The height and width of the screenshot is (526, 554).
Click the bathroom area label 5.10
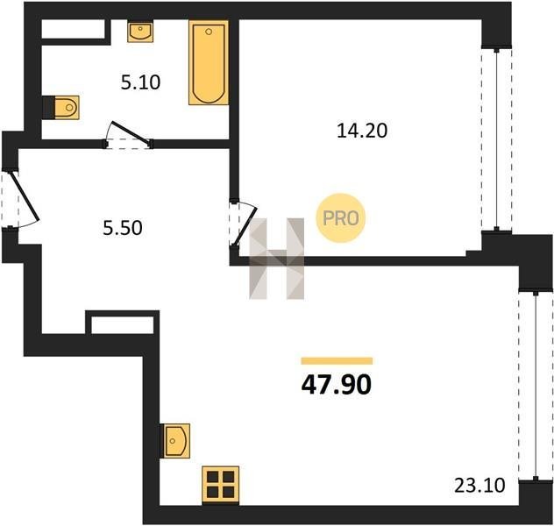click(140, 82)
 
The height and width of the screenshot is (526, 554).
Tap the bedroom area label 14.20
click(362, 131)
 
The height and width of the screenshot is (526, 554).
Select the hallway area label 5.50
click(123, 228)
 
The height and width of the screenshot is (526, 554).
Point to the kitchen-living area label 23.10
click(479, 486)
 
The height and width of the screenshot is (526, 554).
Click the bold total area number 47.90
click(337, 385)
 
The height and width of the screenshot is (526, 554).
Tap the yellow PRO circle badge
click(341, 218)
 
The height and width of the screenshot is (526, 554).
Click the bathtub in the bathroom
click(209, 62)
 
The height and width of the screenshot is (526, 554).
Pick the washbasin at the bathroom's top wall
click(140, 32)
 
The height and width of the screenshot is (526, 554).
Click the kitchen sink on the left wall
click(175, 441)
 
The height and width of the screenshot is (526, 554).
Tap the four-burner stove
click(221, 485)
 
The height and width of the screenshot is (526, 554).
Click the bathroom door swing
click(129, 135)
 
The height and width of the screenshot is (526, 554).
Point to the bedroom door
click(243, 224)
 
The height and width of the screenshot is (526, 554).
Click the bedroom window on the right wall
click(497, 139)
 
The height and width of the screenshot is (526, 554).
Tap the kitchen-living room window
click(536, 386)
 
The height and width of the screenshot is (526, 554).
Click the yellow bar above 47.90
click(337, 360)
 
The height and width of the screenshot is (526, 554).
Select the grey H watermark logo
click(277, 259)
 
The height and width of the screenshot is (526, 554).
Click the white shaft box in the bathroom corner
click(74, 29)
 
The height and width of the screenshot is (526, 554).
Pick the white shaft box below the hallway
click(122, 325)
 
